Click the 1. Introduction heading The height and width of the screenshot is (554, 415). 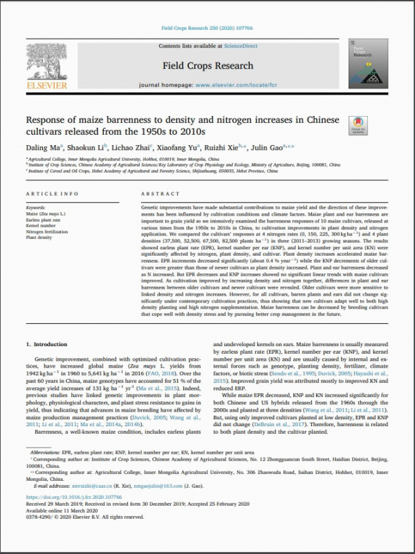[x=47, y=343]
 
